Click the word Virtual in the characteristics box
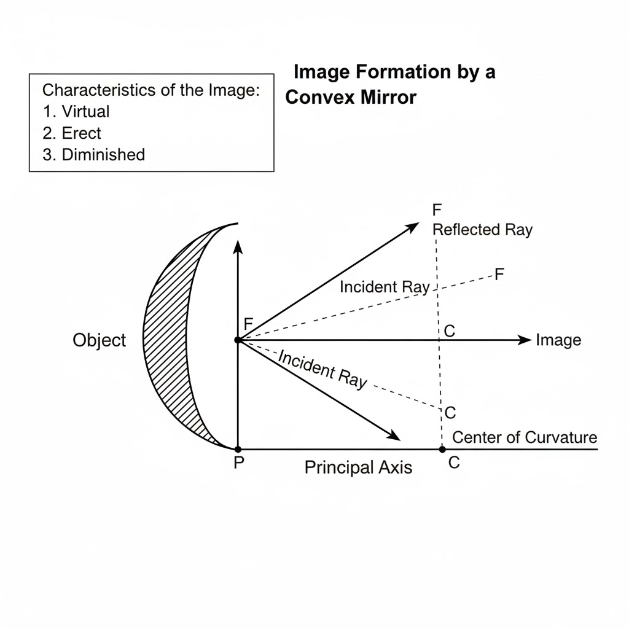point(85,112)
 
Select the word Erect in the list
point(81,133)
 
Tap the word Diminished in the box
point(103,154)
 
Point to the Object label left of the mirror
point(99,340)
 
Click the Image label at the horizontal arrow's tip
point(558,340)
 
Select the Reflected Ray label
point(483,230)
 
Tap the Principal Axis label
point(358,467)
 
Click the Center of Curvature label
point(525,437)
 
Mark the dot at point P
point(238,449)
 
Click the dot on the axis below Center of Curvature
point(442,449)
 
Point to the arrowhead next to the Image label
point(525,340)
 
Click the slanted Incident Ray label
point(322,369)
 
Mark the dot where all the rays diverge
point(238,340)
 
